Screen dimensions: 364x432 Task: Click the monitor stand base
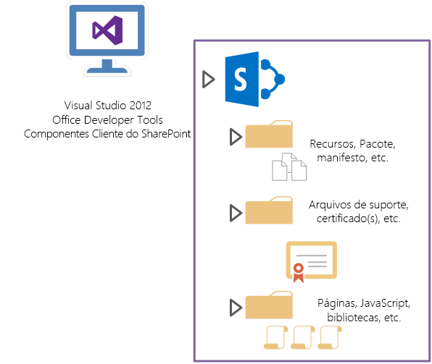(x=107, y=70)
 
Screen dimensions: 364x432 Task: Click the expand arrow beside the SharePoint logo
(x=208, y=80)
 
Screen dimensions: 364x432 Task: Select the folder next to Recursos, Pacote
(x=270, y=135)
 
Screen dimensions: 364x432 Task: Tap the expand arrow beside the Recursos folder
(x=234, y=137)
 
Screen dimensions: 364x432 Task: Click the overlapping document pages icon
(x=288, y=168)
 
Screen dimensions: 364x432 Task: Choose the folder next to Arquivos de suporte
(x=270, y=211)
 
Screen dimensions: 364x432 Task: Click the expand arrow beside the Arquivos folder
(x=234, y=213)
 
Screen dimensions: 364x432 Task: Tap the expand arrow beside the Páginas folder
(x=234, y=308)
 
